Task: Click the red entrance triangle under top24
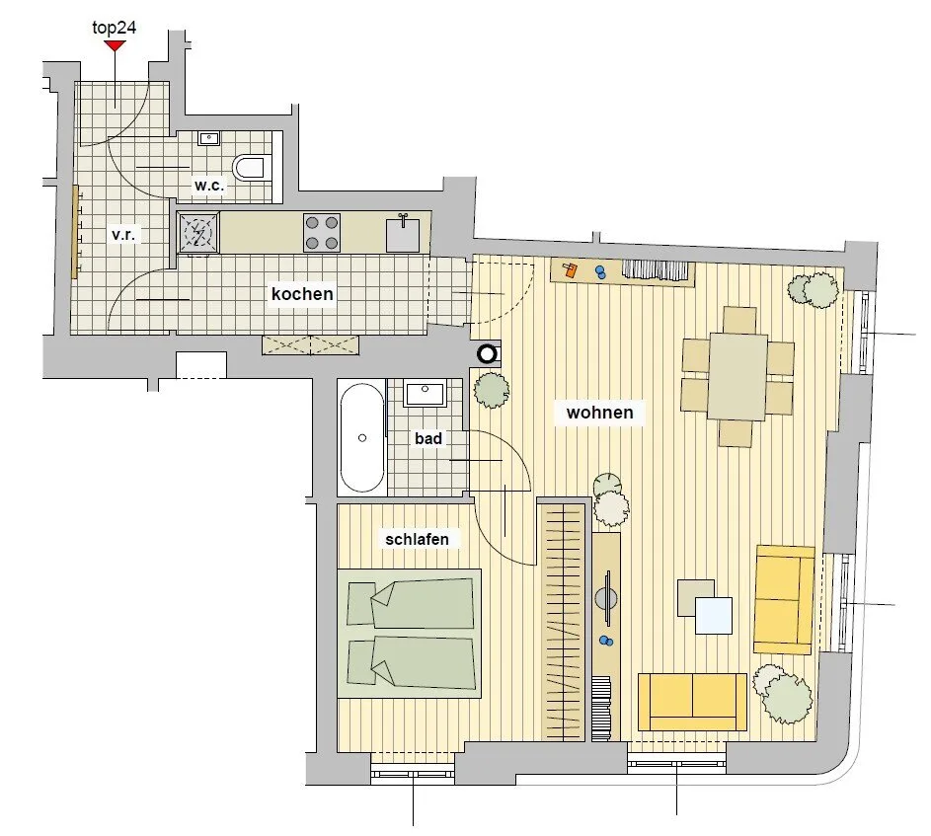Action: coord(115,45)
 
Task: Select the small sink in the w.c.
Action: coord(208,138)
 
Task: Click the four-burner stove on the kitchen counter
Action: coord(321,232)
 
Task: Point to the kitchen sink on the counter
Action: coord(403,234)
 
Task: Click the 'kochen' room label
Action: coord(302,294)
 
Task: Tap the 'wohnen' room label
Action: coord(599,413)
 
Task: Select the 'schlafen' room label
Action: coord(417,539)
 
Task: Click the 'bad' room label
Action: coord(428,439)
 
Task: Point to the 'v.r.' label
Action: coord(123,235)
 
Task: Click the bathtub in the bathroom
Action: coord(362,437)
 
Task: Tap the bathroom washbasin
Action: coord(425,394)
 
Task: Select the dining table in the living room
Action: coord(737,376)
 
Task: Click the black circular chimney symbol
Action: coord(487,354)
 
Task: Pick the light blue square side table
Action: coord(714,616)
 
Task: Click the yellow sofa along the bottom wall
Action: coord(692,702)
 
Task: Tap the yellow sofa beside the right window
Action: coord(784,600)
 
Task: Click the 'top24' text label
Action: coord(114,28)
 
